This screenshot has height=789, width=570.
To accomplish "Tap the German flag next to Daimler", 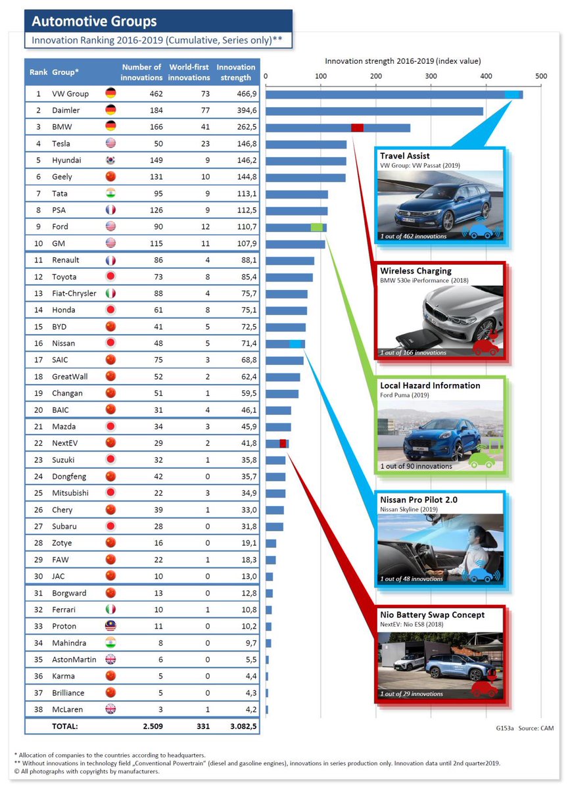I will (x=110, y=110).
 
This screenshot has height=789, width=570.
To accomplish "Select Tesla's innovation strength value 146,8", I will (x=237, y=144).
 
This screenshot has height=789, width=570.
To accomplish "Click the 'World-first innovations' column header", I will (x=189, y=72).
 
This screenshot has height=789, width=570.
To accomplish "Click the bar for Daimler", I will (x=374, y=111).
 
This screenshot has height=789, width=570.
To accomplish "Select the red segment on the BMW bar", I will (x=357, y=128).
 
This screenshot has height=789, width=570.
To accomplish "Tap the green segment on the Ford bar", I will (x=317, y=227).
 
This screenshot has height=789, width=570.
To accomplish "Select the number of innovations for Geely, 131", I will (x=152, y=177).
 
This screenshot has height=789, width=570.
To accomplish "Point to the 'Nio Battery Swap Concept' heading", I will (x=432, y=615).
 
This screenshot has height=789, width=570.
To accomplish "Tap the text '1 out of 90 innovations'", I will (x=416, y=466).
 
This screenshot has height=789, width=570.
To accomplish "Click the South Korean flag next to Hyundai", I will (x=110, y=160).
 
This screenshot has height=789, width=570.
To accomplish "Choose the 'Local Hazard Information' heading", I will (x=430, y=385).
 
